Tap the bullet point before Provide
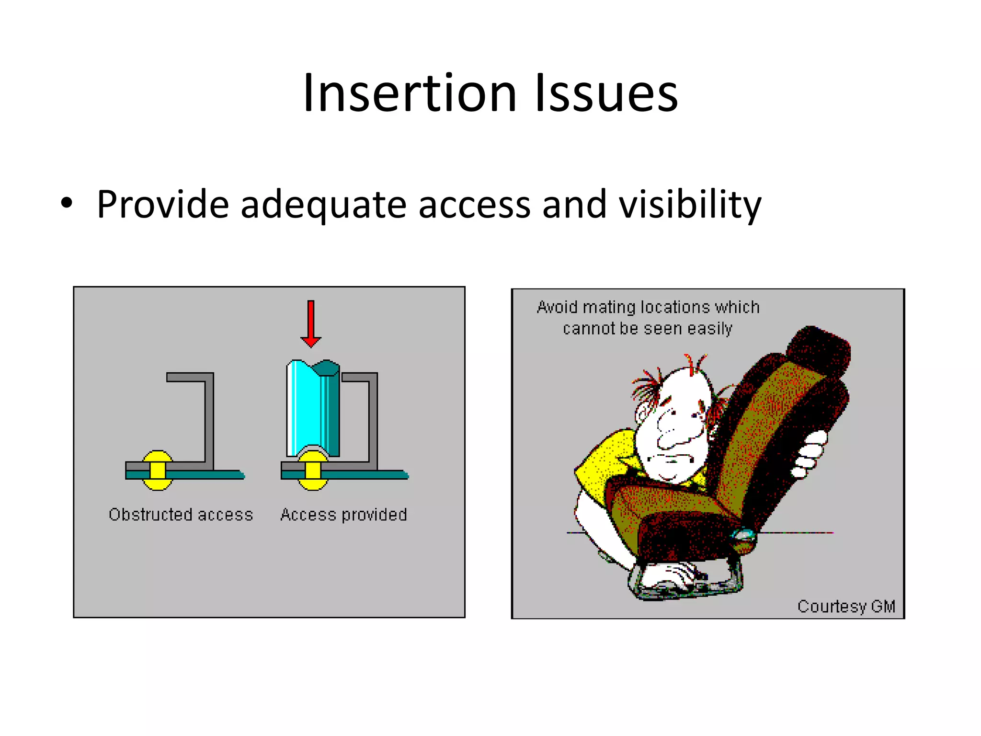click(67, 203)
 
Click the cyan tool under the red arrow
click(312, 407)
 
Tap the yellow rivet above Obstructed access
click(158, 470)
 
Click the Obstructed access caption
click(181, 515)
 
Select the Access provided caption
click(343, 515)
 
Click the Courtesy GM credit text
click(846, 606)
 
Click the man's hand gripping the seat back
click(810, 453)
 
